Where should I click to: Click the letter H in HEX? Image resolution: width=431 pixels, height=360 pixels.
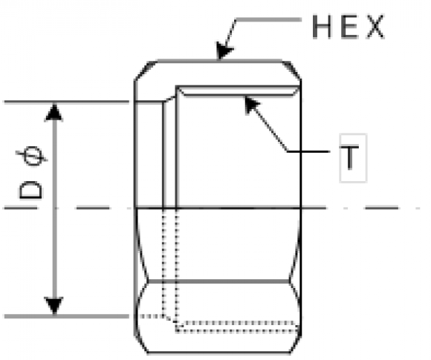[322, 27]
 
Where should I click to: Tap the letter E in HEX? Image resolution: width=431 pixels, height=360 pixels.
[349, 27]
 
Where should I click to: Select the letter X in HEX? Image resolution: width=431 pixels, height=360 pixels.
[376, 27]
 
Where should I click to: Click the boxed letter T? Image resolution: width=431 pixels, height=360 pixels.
[349, 157]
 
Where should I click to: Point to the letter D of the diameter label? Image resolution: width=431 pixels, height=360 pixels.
[30, 189]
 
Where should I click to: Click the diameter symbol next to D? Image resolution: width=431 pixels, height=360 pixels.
[32, 156]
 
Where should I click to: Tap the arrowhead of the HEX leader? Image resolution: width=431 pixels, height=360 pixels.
[224, 50]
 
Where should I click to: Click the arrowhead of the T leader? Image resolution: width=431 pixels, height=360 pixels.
[251, 104]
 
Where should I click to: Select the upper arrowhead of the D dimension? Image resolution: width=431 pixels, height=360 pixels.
[54, 112]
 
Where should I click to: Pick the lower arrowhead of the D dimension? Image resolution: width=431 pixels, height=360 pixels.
[54, 305]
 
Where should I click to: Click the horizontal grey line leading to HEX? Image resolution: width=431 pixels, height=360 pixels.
[268, 19]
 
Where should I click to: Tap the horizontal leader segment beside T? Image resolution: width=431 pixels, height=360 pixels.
[308, 151]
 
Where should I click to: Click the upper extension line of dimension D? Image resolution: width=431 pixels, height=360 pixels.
[67, 102]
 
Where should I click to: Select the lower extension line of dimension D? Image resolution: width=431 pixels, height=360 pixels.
[67, 316]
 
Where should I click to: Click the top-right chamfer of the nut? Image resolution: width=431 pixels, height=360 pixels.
[292, 71]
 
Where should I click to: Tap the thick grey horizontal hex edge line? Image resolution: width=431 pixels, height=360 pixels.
[218, 281]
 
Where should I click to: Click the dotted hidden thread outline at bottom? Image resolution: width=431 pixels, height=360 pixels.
[238, 327]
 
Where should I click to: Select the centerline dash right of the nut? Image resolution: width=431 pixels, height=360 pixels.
[381, 208]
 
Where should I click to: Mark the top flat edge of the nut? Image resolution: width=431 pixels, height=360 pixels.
[219, 61]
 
